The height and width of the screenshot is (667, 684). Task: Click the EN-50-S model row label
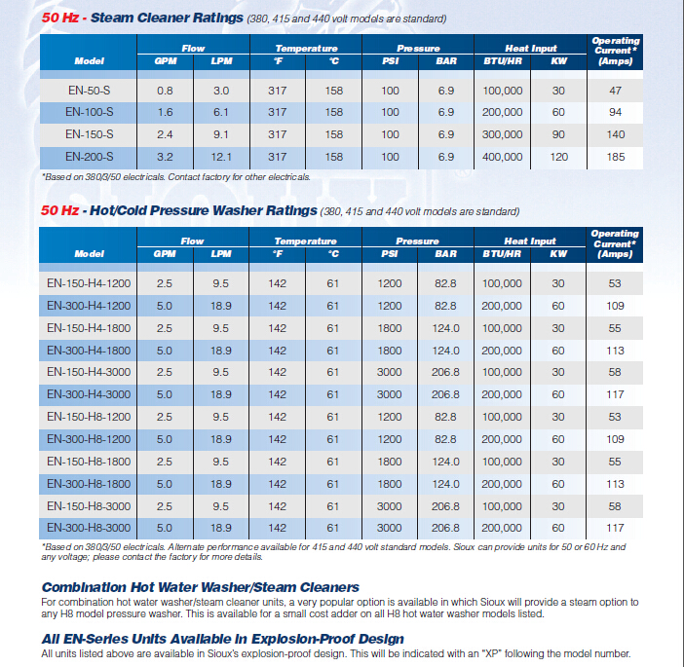tap(89, 91)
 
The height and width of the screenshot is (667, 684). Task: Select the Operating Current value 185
tap(615, 157)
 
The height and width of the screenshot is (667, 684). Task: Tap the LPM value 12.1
tap(221, 157)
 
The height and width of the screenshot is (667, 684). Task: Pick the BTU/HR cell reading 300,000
tap(502, 134)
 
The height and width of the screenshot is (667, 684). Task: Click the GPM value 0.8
tap(165, 91)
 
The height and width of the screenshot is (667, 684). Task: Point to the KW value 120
tap(558, 157)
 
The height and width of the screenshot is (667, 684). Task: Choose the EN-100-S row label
tap(89, 112)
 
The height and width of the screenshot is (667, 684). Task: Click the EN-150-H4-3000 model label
tap(89, 372)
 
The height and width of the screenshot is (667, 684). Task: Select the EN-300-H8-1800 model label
tap(89, 484)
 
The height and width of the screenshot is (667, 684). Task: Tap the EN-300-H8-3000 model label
tap(89, 528)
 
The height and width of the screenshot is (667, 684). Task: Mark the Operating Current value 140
tap(615, 134)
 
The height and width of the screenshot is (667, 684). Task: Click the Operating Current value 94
tap(615, 112)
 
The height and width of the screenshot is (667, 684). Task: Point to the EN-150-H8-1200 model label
tap(89, 417)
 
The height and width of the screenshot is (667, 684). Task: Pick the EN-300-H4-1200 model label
tap(89, 306)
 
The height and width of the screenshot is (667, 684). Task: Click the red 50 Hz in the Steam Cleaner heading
tap(60, 18)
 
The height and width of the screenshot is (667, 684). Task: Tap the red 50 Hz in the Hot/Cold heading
tap(59, 210)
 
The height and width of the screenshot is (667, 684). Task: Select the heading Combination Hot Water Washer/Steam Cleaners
tap(200, 587)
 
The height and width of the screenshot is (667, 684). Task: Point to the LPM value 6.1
tap(221, 112)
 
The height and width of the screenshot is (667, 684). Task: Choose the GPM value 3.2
tap(165, 157)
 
